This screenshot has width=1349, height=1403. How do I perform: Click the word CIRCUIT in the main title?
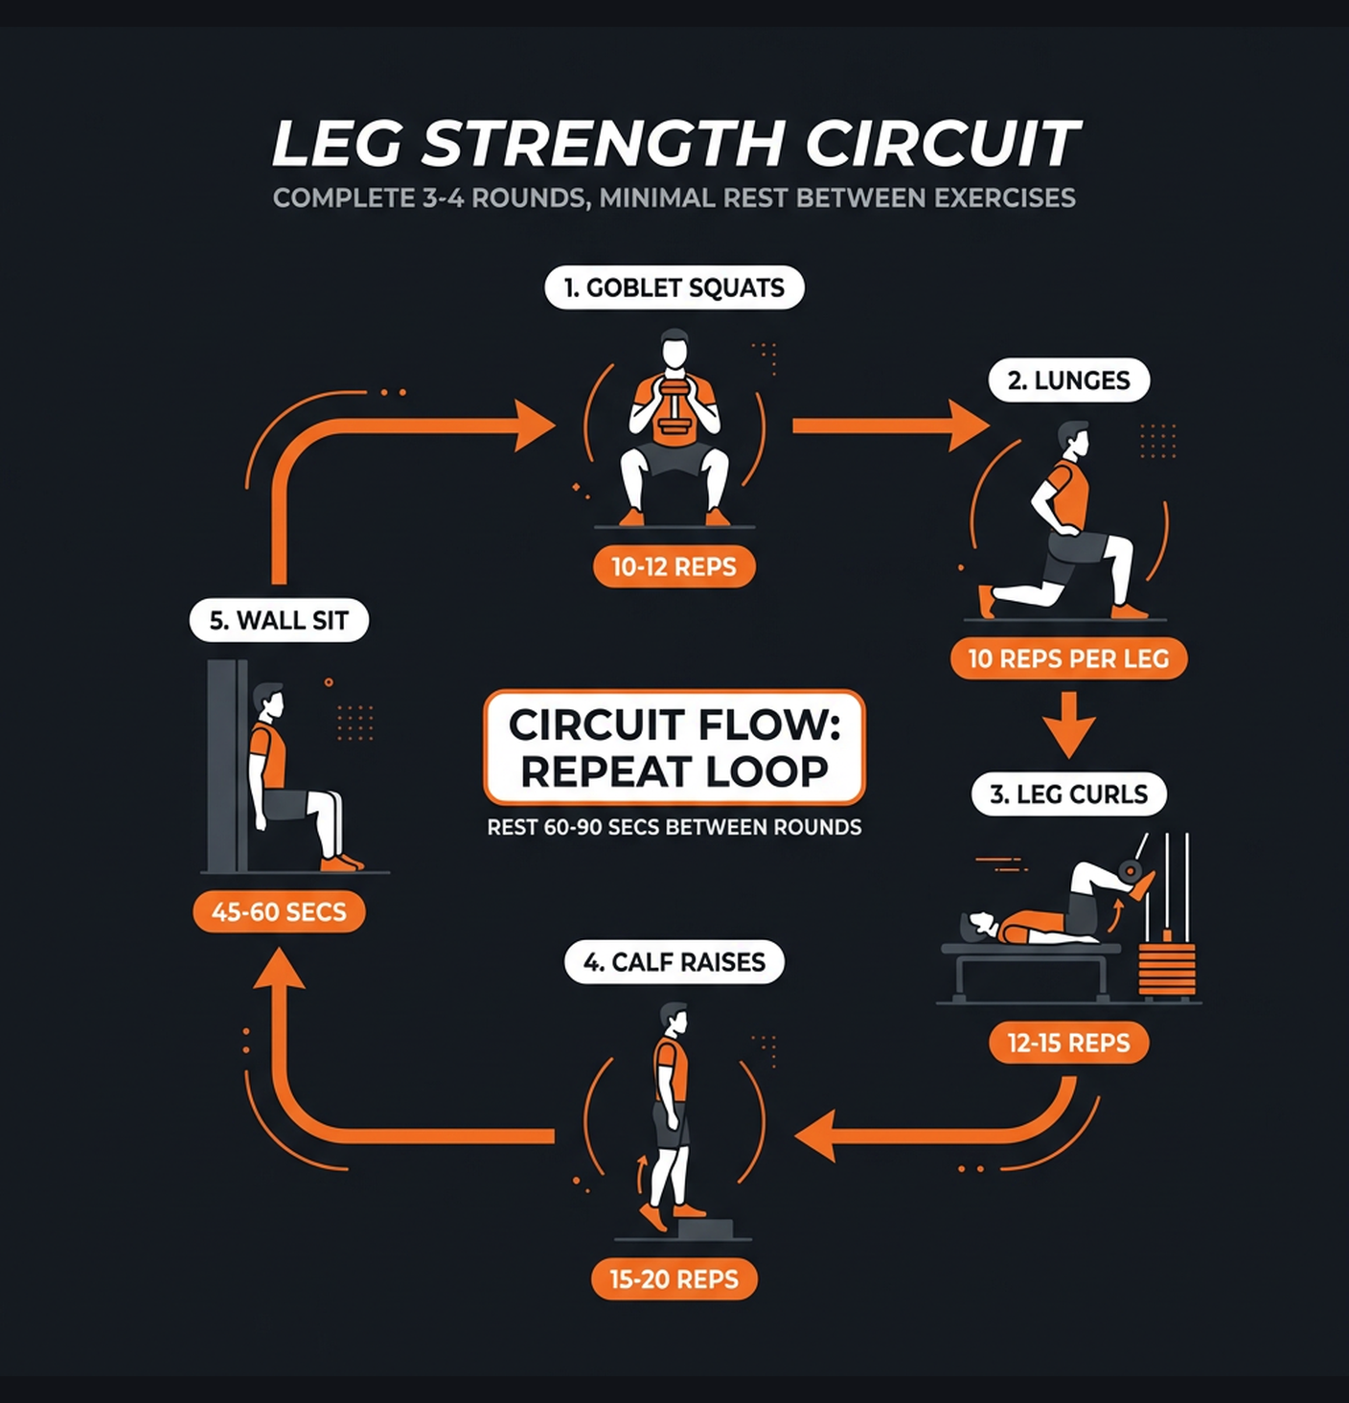click(943, 144)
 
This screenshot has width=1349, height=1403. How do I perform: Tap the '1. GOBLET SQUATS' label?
click(674, 287)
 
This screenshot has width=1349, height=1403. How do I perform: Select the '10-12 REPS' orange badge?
click(674, 566)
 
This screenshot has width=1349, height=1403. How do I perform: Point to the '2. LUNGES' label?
click(1068, 380)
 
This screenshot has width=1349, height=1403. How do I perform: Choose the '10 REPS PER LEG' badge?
click(1068, 658)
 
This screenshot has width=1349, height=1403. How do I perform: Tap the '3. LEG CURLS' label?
click(1068, 794)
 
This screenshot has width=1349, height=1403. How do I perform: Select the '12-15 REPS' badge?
click(1068, 1043)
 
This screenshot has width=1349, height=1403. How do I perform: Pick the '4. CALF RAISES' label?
click(674, 962)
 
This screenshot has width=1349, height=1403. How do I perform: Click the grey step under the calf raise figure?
click(704, 1229)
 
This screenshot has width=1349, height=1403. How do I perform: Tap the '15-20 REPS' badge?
click(674, 1279)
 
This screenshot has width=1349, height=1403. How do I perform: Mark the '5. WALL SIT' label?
click(279, 620)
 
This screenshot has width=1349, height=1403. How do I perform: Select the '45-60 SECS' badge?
click(279, 911)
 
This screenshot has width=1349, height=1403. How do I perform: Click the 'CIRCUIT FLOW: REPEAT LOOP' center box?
click(674, 747)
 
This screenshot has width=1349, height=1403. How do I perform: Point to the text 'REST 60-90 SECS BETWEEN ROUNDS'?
click(674, 827)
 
